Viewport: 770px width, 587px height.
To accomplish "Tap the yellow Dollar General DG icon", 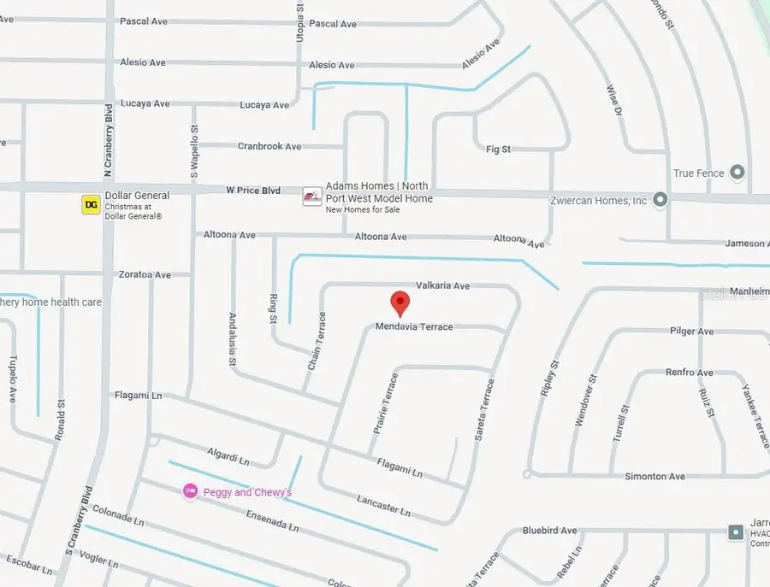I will (91, 204).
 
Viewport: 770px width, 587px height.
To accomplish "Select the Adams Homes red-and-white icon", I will (312, 197).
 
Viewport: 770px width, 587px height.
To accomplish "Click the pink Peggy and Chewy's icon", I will (190, 491).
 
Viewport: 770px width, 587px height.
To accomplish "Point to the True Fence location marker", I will (737, 173).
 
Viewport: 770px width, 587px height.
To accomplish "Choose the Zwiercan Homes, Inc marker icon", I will (660, 200).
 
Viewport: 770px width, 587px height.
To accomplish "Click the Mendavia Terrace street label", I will (414, 326).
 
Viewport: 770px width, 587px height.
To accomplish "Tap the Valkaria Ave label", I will (442, 285).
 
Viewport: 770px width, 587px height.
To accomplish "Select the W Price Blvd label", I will (254, 190).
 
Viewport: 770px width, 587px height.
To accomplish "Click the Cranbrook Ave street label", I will (269, 146).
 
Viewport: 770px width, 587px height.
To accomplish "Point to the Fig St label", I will (498, 149).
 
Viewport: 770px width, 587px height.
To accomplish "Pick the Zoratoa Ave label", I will (144, 274).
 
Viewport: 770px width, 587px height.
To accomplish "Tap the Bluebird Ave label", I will (549, 531).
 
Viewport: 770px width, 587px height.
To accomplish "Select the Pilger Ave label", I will (691, 331).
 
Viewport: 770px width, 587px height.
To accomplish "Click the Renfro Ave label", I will (689, 373).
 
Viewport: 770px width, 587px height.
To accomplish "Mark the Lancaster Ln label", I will (383, 506).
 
